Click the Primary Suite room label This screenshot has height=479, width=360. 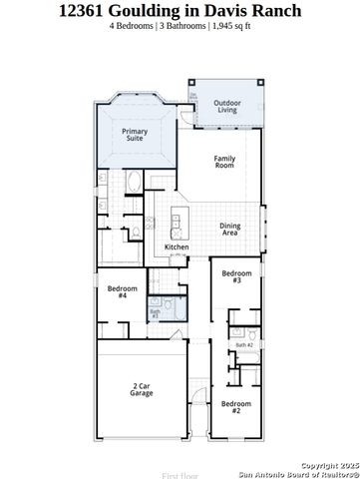(135, 135)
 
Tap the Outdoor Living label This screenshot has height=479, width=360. (228, 106)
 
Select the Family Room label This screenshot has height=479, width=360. (225, 162)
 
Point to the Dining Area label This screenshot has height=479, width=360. (230, 229)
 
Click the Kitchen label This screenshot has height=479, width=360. (177, 247)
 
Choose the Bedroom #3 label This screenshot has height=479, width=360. (236, 276)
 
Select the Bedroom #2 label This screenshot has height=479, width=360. (236, 407)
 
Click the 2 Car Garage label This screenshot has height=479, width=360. (141, 390)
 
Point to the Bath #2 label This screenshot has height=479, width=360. (244, 345)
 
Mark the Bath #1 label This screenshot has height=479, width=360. (155, 313)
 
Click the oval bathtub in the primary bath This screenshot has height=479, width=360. (134, 182)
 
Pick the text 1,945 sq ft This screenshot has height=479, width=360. (230, 26)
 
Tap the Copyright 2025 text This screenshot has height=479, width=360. (329, 464)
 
